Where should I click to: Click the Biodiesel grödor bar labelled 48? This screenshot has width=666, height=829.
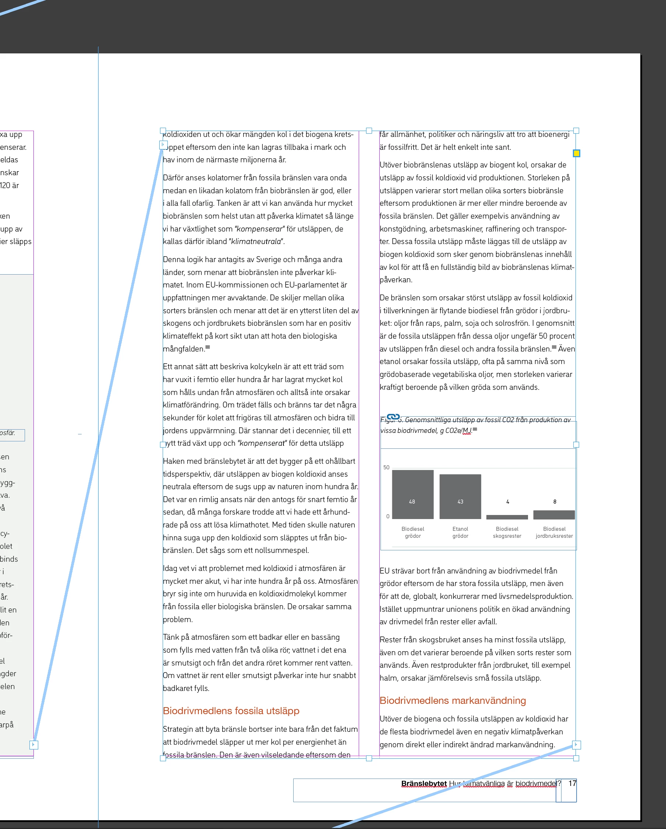coord(412,494)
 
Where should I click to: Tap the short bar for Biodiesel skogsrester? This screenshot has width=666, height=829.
coord(507,517)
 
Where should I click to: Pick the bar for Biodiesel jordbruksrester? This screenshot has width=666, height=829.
coord(554,515)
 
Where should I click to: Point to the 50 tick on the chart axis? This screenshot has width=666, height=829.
coord(386,468)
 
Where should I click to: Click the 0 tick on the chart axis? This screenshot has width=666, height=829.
coord(388,516)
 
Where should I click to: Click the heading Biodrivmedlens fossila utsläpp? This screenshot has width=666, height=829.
coord(231,711)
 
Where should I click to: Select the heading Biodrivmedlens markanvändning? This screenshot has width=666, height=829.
coord(452,701)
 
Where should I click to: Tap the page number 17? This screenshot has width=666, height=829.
coord(572,783)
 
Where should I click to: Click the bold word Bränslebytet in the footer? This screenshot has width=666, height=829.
coord(424,784)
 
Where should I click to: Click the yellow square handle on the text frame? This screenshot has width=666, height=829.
coord(576,154)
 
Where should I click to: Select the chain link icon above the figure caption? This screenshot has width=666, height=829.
coord(393,417)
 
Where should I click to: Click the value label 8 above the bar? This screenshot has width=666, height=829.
coord(555,502)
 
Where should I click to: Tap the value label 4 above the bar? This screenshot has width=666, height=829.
coord(508,502)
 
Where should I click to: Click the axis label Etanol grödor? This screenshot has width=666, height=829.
coord(460,533)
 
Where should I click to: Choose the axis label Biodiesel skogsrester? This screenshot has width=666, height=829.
coord(507,533)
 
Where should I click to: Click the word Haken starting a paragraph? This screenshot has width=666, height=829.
coord(173,461)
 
